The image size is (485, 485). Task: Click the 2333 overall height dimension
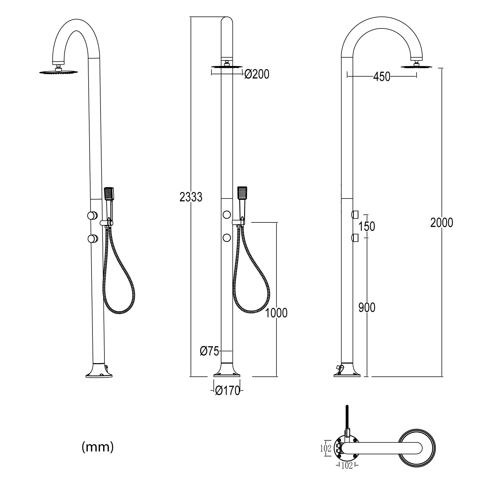pyautogui.click(x=191, y=197)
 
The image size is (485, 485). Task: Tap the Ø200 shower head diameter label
pyautogui.click(x=257, y=74)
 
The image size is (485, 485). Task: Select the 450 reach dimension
pyautogui.click(x=382, y=77)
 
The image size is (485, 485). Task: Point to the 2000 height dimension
pyautogui.click(x=442, y=222)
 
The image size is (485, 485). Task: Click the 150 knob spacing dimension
pyautogui.click(x=367, y=226)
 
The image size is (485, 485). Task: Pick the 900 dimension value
pyautogui.click(x=367, y=307)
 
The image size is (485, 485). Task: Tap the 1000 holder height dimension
pyautogui.click(x=276, y=313)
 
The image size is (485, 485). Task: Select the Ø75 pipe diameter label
pyautogui.click(x=210, y=351)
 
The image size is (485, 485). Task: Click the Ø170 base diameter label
pyautogui.click(x=228, y=391)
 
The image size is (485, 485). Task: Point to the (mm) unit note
pyautogui.click(x=98, y=447)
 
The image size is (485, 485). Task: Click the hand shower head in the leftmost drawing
pyautogui.click(x=109, y=194)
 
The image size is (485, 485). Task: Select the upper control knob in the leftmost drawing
pyautogui.click(x=92, y=215)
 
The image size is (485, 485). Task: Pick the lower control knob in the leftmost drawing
pyautogui.click(x=92, y=239)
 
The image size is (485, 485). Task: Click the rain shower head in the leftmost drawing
pyautogui.click(x=59, y=72)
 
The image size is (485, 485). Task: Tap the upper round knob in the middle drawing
pyautogui.click(x=227, y=214)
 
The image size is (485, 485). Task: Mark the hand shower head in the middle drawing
pyautogui.click(x=242, y=193)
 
